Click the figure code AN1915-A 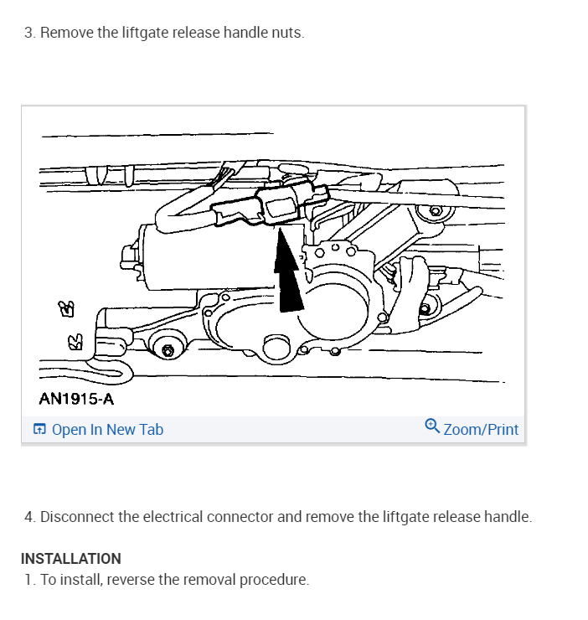(76, 399)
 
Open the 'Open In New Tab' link (107, 430)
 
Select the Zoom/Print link (481, 430)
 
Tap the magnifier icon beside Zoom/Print (431, 426)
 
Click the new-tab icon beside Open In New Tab (39, 430)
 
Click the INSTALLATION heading (71, 558)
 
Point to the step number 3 (28, 33)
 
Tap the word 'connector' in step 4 (242, 516)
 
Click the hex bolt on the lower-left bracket (168, 349)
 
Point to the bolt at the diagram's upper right (435, 209)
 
